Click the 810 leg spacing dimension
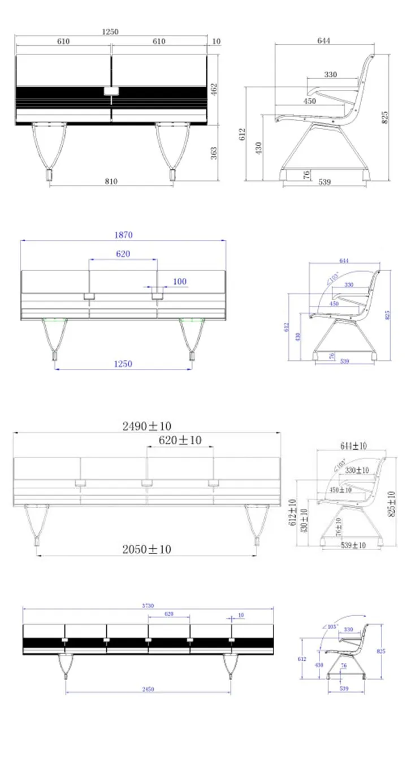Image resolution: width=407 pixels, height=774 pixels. click(111, 181)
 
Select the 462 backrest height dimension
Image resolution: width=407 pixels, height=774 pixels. click(214, 89)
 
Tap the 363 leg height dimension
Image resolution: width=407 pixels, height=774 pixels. click(214, 153)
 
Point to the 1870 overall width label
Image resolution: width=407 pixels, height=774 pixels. click(123, 235)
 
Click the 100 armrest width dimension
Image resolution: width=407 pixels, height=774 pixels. click(179, 281)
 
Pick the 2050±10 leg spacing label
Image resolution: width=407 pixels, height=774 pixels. click(147, 549)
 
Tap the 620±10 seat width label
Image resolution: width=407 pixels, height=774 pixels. click(180, 440)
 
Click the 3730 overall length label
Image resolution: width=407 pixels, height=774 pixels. click(147, 605)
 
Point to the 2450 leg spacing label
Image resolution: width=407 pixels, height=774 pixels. click(148, 689)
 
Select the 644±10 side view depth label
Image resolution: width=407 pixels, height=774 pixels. click(353, 446)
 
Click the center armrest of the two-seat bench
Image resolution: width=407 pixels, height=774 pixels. click(111, 91)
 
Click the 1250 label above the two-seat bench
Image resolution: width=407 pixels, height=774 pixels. click(110, 32)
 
